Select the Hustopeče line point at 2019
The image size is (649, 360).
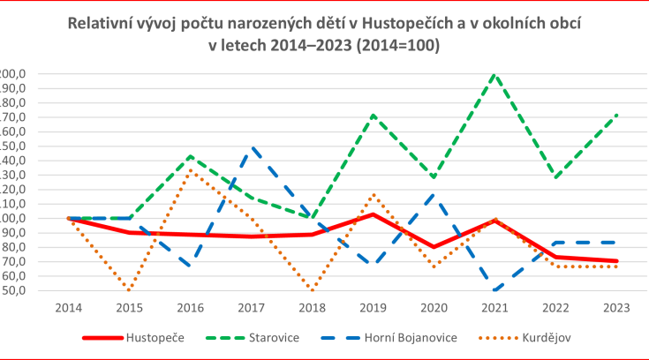tap(374, 214)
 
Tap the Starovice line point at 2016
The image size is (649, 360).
tap(191, 156)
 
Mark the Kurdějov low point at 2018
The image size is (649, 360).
tap(312, 290)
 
